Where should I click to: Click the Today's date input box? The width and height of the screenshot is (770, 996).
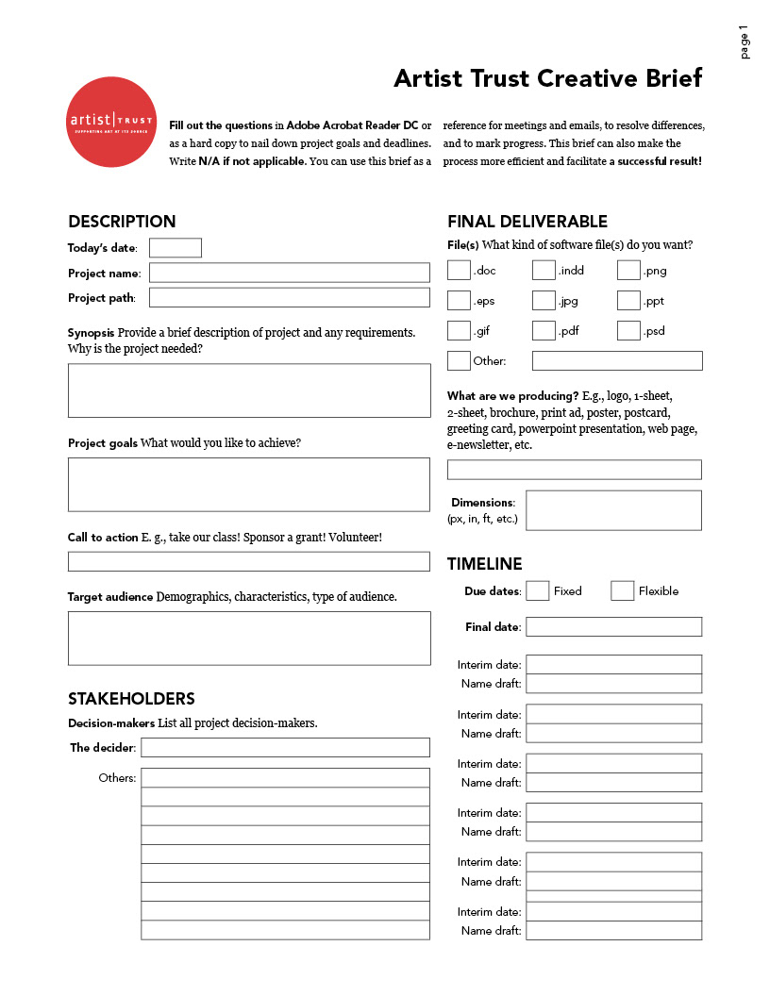[x=176, y=248]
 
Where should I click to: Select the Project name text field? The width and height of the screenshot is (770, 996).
[x=289, y=273]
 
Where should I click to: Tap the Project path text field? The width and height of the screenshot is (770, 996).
[x=289, y=298]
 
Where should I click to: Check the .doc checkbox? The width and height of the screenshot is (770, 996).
[x=459, y=271]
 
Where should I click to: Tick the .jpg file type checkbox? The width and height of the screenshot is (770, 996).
[x=544, y=301]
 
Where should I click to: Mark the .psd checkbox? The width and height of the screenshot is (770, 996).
[x=628, y=331]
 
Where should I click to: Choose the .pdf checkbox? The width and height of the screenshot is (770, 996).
[x=544, y=331]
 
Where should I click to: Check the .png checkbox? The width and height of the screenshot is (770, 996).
[x=628, y=271]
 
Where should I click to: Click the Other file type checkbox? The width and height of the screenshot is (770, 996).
[x=459, y=360]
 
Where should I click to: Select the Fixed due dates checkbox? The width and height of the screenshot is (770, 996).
[x=537, y=591]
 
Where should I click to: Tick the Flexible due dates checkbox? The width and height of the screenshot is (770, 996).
[x=622, y=591]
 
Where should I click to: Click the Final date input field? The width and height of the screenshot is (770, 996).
[x=613, y=627]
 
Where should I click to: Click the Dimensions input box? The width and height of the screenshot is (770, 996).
[x=613, y=510]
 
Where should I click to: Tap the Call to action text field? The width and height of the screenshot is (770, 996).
[x=248, y=561]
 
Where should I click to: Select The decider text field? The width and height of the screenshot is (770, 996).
[x=285, y=748]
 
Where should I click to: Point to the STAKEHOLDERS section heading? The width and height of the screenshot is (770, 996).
[x=131, y=699]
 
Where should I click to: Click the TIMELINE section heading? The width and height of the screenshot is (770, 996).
[x=484, y=564]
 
